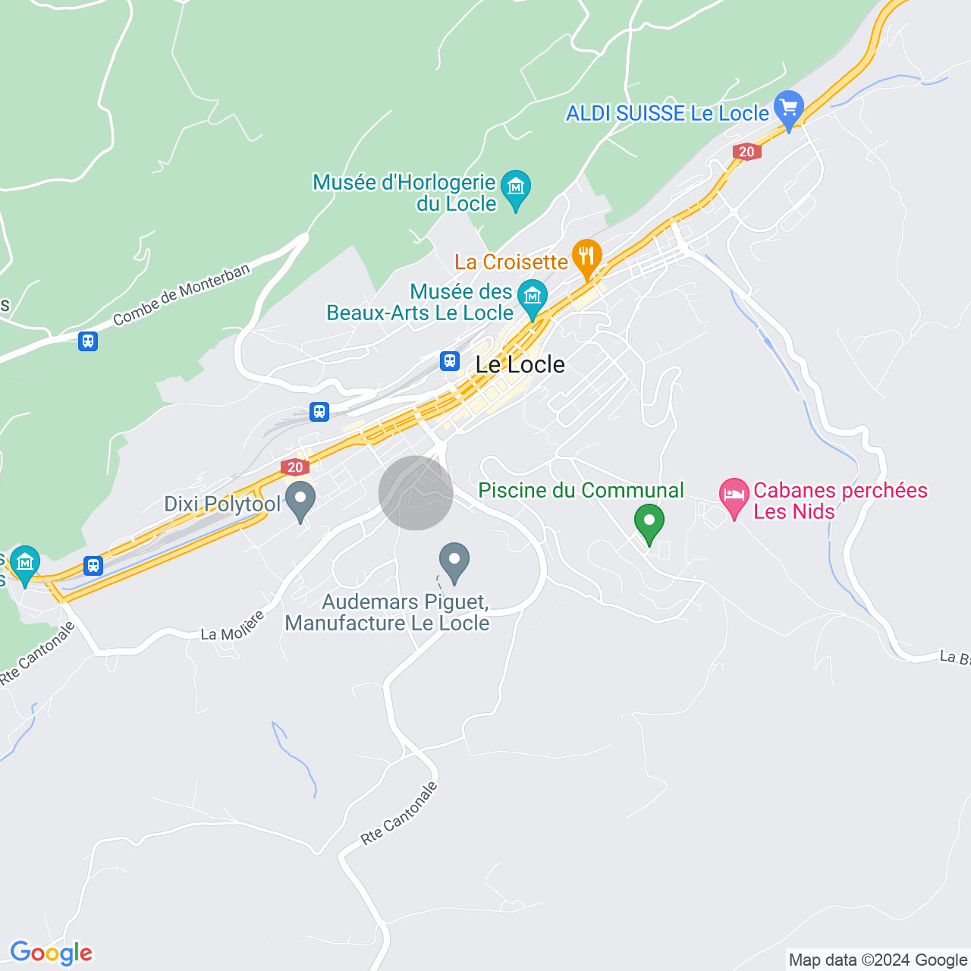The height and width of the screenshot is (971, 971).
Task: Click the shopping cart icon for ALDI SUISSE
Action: [x=789, y=108]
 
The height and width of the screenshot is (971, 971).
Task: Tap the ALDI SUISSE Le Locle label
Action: [x=668, y=114]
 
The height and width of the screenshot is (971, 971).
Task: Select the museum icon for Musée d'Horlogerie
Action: [x=516, y=186]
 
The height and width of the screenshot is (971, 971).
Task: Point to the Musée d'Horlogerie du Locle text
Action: [x=404, y=193]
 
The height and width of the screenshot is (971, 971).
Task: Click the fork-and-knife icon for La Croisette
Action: [x=586, y=256]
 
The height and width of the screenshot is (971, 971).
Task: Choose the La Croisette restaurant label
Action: [x=511, y=262]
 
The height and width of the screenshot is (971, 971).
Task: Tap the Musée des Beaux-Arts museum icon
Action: [x=533, y=295]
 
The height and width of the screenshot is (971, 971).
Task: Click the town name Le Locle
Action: [x=520, y=365]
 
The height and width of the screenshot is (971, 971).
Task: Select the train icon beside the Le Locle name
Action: [x=450, y=361]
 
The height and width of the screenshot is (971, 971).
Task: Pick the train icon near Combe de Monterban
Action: [x=88, y=341]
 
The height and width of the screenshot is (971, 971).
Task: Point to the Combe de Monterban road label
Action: [x=181, y=295]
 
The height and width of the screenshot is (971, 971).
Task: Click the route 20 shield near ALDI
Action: [x=746, y=152]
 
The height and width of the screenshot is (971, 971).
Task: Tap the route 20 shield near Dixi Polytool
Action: [x=295, y=467]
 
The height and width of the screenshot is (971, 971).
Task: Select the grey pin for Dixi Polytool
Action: [x=301, y=499]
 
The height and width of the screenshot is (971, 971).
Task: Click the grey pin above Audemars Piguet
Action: [x=454, y=561]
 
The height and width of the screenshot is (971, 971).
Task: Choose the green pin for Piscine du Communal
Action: [x=649, y=522]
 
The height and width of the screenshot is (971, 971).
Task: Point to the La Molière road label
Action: [x=233, y=627]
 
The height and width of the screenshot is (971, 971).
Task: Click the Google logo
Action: [x=52, y=953]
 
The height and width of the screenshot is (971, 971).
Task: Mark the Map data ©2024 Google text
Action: [x=878, y=960]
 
